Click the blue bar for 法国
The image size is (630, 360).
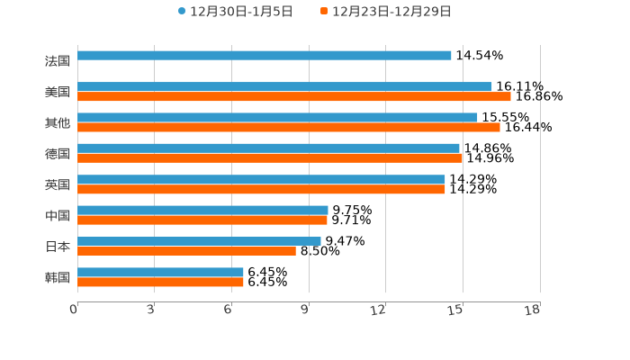pos(265,56)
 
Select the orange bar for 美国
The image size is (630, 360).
pos(294,97)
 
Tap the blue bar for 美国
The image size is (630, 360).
pos(284,86)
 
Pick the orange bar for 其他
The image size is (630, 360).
pos(289,128)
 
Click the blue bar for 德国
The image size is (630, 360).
pos(268,148)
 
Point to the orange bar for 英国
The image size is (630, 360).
pos(261,189)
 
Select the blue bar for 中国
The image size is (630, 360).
pos(202,210)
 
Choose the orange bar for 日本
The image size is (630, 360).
pos(186,251)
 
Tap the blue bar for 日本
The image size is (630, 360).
pos(199,241)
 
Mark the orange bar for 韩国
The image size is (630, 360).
pos(160,282)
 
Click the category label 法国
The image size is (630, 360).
pos(57,61)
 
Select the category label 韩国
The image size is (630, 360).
pos(57,277)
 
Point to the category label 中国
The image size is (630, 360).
pos(57,216)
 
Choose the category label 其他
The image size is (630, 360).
pos(57,122)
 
